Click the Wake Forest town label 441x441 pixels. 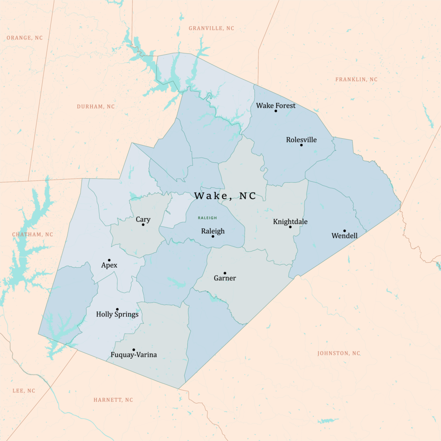tap(276, 106)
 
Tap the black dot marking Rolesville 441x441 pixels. tap(301, 145)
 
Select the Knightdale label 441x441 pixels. tap(290, 222)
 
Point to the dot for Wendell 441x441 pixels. tap(345, 230)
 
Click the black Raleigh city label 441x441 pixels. tap(213, 231)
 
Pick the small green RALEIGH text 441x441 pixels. tap(208, 218)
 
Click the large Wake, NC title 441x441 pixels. tap(225, 196)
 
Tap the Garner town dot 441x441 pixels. tap(225, 273)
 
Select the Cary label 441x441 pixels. tap(143, 220)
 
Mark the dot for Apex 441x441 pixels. tap(109, 260)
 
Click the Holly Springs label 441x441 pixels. tap(117, 314)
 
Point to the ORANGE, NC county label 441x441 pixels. tap(25, 38)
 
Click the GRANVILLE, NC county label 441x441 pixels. tap(211, 28)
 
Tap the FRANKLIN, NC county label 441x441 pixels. tap(356, 80)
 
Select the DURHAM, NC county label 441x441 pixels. tap(96, 107)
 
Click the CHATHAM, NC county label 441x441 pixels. tap(33, 235)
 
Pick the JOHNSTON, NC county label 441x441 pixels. tap(339, 354)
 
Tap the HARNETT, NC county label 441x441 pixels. tap(113, 400)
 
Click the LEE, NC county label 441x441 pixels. tap(24, 391)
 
